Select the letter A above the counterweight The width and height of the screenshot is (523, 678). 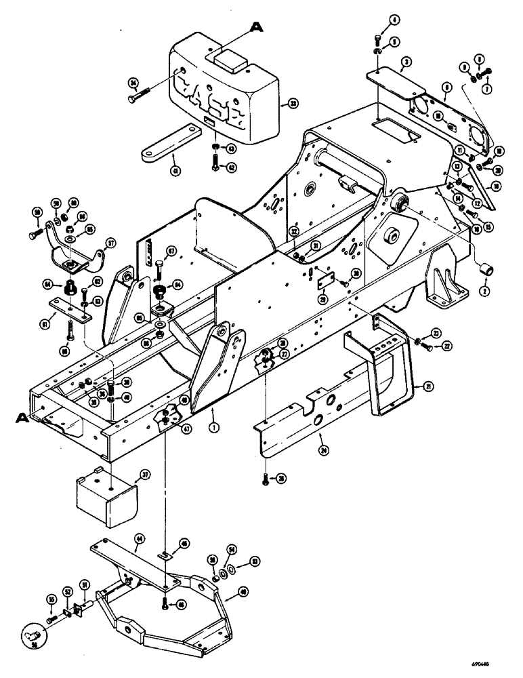(257, 26)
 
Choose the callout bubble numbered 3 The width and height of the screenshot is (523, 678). (406, 63)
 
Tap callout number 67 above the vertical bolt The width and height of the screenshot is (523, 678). (172, 251)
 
